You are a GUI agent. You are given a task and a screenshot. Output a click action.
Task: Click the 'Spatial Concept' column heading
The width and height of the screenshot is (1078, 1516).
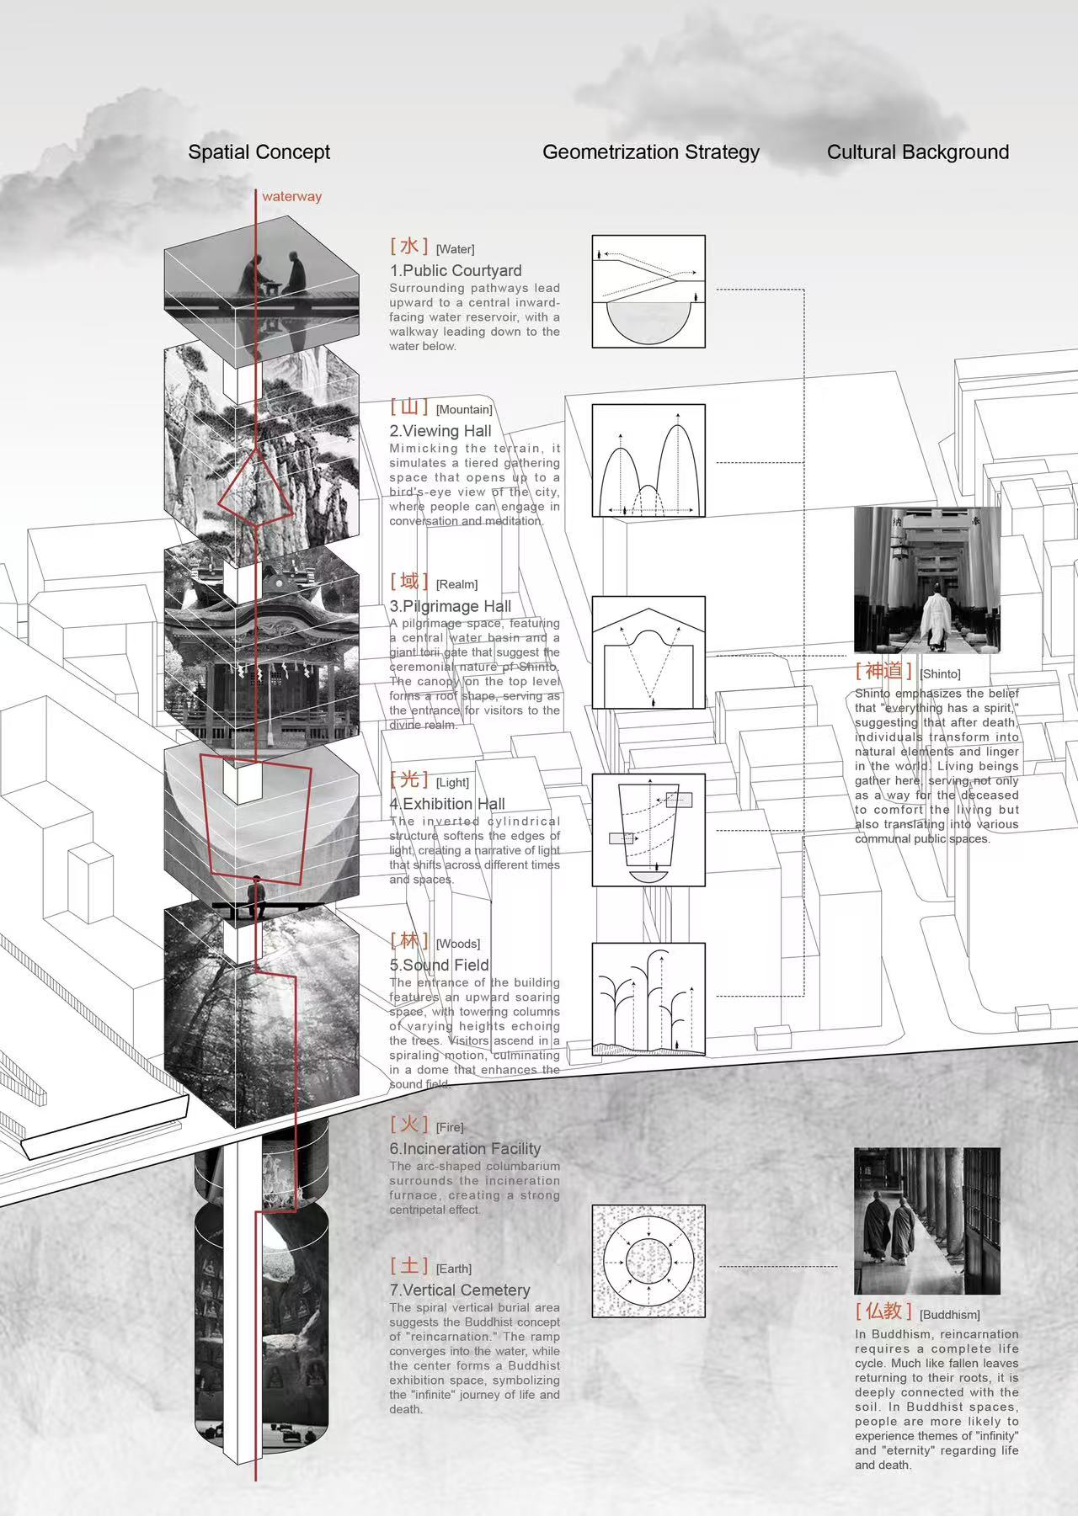(x=259, y=152)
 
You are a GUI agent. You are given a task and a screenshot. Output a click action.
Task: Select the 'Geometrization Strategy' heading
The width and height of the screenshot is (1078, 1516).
(x=650, y=152)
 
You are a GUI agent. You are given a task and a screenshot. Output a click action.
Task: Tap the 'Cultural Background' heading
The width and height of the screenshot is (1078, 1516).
(x=917, y=152)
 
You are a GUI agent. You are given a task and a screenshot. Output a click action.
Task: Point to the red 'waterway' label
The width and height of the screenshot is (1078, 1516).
(x=291, y=197)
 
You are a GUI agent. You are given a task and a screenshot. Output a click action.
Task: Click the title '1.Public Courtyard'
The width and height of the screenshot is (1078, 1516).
(x=456, y=271)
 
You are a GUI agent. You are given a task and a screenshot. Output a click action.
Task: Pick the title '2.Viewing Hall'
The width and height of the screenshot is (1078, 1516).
(x=440, y=431)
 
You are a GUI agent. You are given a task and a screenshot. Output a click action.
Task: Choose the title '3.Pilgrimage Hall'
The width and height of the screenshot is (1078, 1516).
(x=451, y=606)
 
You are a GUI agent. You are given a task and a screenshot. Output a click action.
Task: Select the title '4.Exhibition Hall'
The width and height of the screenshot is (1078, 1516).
(x=447, y=804)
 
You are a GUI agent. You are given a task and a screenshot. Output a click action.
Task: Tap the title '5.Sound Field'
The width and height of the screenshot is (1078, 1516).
(x=439, y=965)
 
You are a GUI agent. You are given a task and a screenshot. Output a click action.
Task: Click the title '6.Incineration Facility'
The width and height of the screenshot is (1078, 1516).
(x=465, y=1149)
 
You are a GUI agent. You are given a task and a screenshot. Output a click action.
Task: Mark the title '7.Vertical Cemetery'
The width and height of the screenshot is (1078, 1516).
(x=460, y=1290)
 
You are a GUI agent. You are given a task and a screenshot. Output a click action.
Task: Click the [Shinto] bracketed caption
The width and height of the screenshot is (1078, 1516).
(x=940, y=674)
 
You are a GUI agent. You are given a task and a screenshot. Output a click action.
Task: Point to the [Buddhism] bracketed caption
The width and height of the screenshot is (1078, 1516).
(x=950, y=1315)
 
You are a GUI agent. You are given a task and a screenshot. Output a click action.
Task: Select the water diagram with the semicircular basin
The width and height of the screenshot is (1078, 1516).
(x=648, y=292)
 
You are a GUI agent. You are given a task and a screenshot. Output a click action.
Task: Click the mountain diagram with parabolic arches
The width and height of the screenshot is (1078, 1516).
(x=648, y=460)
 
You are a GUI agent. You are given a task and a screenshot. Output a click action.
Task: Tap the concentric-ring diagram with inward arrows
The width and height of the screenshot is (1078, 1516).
(x=648, y=1261)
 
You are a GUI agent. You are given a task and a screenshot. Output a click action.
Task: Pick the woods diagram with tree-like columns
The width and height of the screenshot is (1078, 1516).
(x=648, y=999)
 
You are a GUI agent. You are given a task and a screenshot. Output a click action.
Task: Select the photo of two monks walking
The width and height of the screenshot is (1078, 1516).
(x=927, y=1221)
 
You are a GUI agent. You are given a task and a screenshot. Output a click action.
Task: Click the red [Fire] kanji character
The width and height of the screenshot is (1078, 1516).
(x=409, y=1124)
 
